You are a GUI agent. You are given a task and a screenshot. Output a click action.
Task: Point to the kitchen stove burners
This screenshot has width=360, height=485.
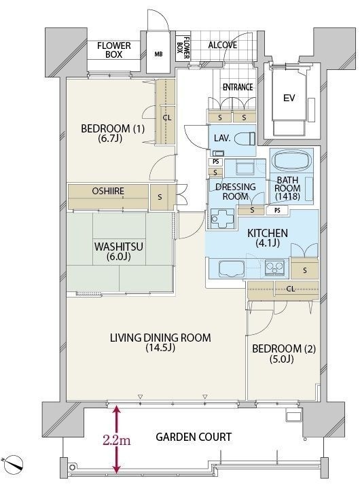(274, 268)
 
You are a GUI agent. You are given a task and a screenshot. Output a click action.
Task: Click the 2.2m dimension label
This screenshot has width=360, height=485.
(117, 440)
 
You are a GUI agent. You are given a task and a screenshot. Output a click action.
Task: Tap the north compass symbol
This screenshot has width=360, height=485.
(13, 463)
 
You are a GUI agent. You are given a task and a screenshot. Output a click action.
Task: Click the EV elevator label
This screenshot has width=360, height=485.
(289, 98)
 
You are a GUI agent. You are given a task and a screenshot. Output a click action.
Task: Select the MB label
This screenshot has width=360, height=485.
(158, 54)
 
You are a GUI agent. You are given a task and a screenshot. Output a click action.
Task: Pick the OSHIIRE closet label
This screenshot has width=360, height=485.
(108, 191)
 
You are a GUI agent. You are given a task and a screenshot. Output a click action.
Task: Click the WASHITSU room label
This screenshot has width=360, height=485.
(118, 247)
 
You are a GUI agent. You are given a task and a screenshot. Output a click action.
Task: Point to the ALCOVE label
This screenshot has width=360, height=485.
(223, 45)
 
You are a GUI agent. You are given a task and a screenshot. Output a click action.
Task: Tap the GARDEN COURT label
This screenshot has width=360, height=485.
(194, 437)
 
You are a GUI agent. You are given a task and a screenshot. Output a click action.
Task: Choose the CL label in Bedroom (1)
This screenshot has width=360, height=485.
(167, 118)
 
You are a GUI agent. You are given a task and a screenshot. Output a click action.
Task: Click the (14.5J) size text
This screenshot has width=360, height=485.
(160, 348)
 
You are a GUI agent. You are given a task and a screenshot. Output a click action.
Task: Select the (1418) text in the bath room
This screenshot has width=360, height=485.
(287, 196)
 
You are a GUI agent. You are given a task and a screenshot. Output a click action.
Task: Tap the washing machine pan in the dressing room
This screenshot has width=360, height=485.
(223, 218)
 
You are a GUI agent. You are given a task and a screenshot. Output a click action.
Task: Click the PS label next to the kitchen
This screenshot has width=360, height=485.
(277, 211)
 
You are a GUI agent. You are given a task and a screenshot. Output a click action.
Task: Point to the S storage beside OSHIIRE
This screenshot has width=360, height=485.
(160, 197)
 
